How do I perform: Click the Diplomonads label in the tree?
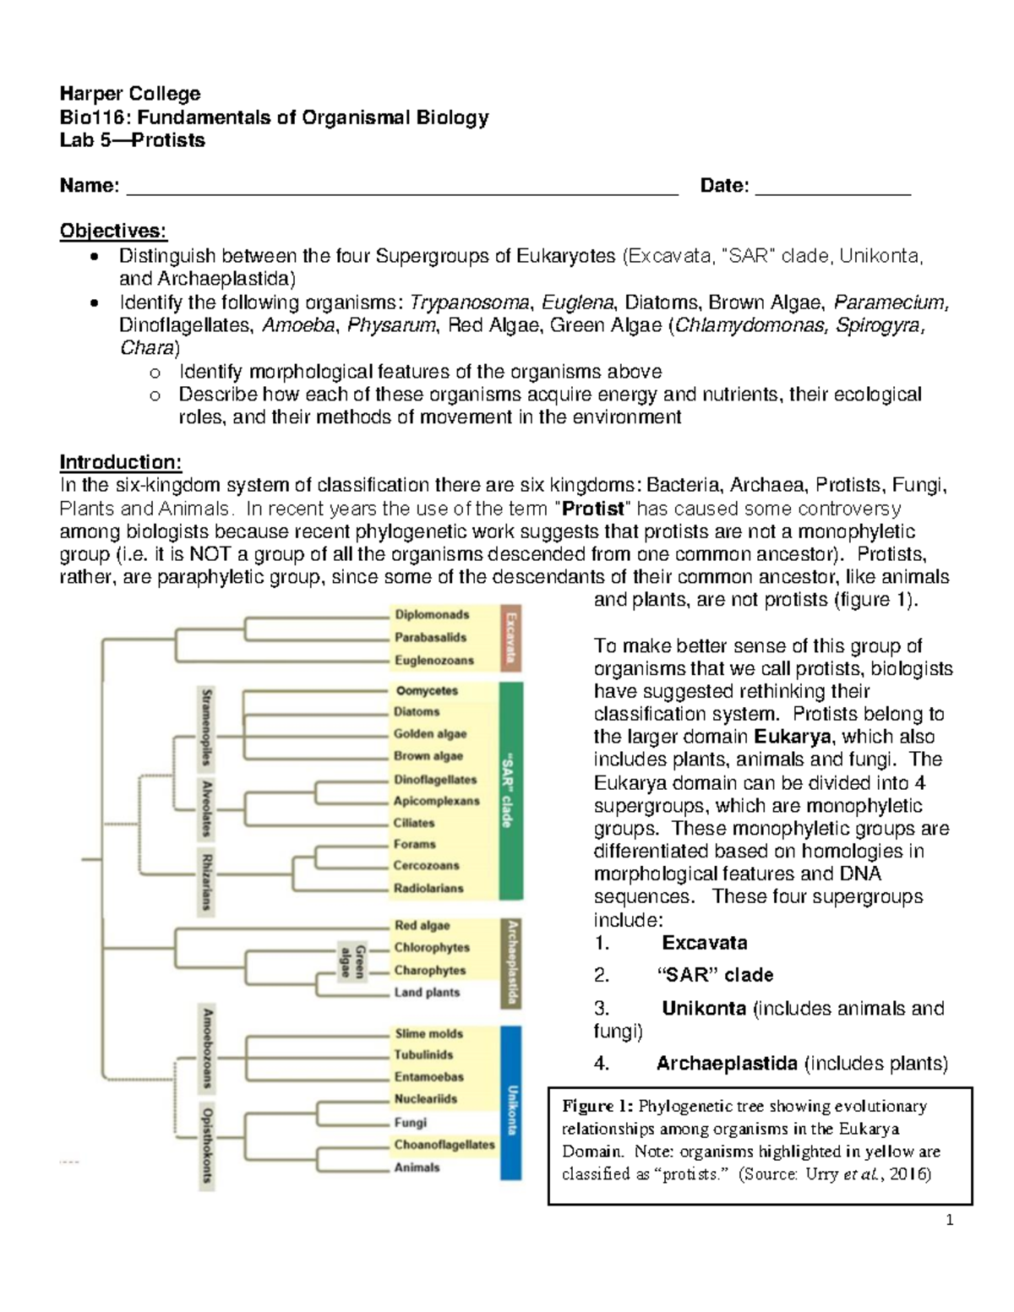coord(431,615)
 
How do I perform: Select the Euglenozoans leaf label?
coord(433,661)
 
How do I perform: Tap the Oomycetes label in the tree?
coord(426,690)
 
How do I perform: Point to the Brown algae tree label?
coord(428,756)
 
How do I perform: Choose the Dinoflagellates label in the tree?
coord(435,779)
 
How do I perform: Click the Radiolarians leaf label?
coord(428,888)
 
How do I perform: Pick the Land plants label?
coord(427,993)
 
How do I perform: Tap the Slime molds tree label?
coord(428,1033)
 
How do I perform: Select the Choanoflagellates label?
coord(444,1145)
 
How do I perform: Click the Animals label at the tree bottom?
coord(417,1168)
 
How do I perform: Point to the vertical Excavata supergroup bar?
coord(510,638)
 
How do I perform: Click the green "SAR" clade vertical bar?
coord(510,790)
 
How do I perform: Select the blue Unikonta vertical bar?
coord(510,1102)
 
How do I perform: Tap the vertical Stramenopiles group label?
coord(205,727)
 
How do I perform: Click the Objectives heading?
coord(113,231)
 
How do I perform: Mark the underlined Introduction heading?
coord(120,462)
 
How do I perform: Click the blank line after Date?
coord(832,188)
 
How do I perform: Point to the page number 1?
coord(950,1220)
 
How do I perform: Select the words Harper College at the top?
coord(130,94)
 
